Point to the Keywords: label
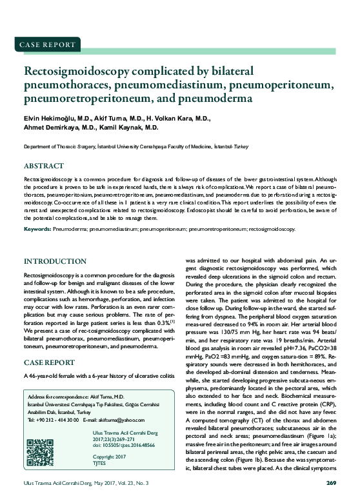(37, 229)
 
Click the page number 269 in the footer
(331, 482)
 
